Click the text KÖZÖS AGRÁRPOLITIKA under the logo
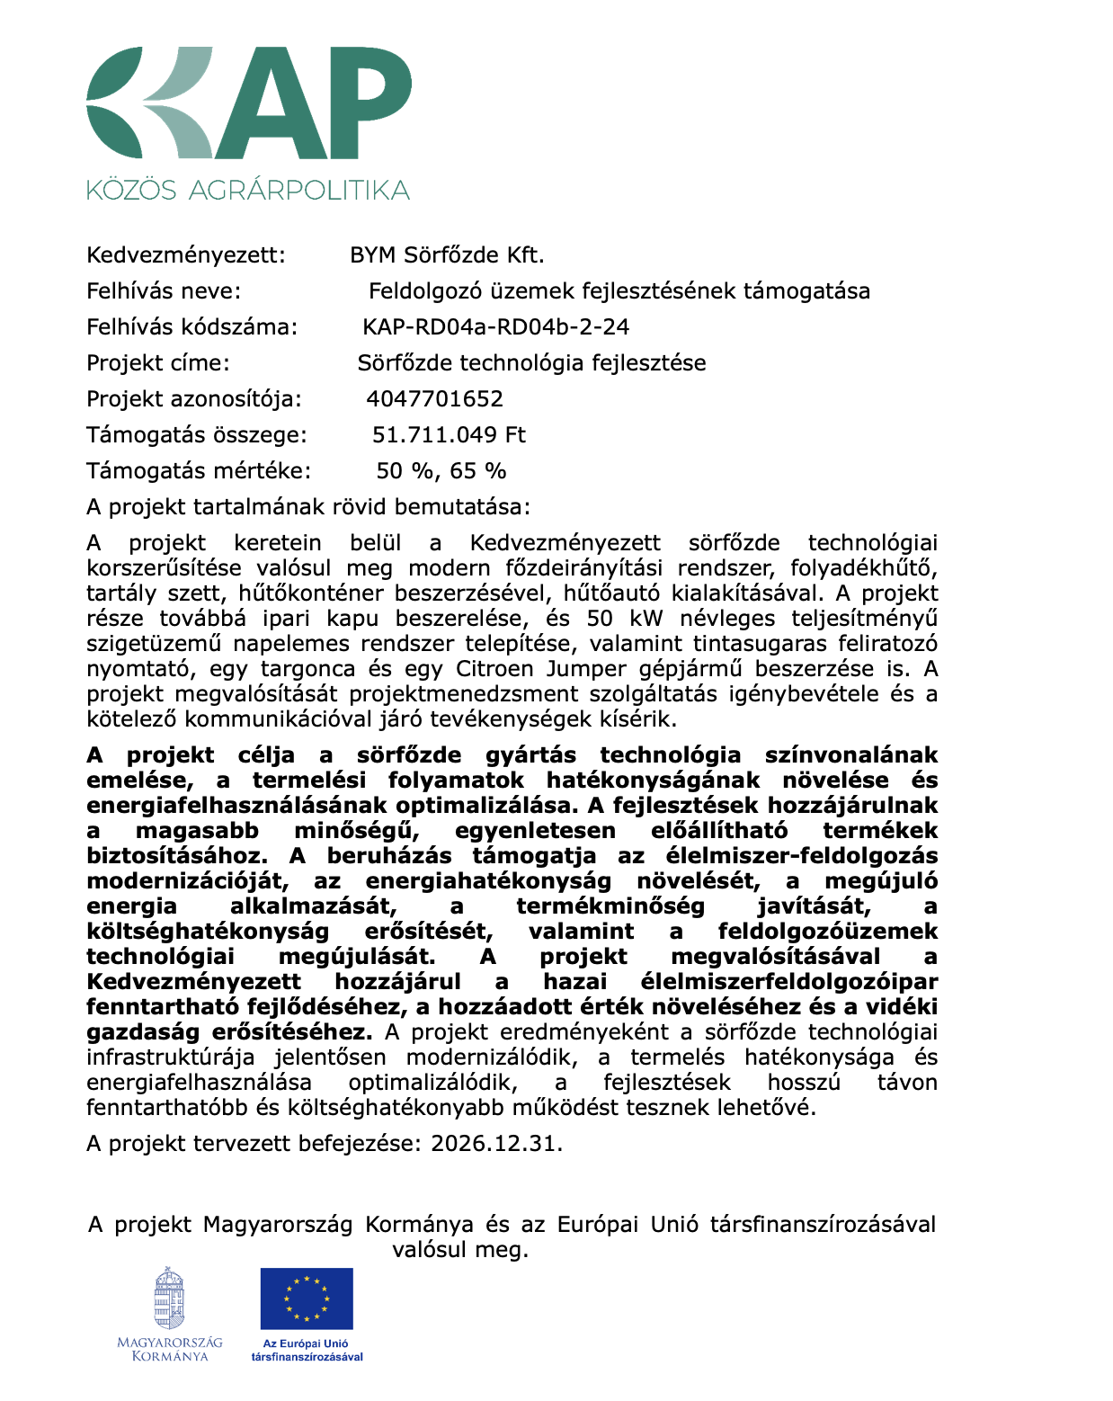[x=248, y=190]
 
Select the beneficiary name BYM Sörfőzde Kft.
[x=447, y=255]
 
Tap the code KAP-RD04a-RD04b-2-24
[x=495, y=327]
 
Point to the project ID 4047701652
[x=434, y=399]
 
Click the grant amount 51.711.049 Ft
[x=449, y=435]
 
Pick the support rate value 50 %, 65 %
[x=441, y=471]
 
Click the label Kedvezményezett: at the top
[x=186, y=255]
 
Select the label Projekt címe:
[x=158, y=363]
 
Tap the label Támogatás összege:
[x=197, y=435]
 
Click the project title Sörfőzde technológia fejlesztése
[x=531, y=363]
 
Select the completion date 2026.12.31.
[x=496, y=1144]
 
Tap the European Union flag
[x=307, y=1298]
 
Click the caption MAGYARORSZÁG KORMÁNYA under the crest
[x=170, y=1350]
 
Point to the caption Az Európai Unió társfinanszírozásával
[x=307, y=1350]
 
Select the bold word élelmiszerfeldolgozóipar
[x=788, y=982]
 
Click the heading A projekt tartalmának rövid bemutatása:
[x=308, y=507]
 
